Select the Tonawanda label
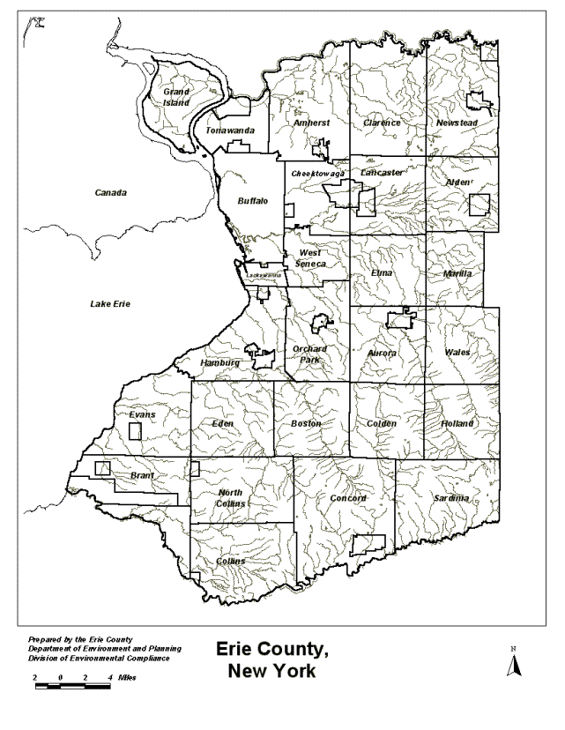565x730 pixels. pyautogui.click(x=230, y=131)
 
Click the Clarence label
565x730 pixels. pyautogui.click(x=382, y=123)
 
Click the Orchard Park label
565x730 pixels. pyautogui.click(x=309, y=354)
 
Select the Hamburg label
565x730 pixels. pyautogui.click(x=219, y=363)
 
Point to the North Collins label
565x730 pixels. pyautogui.click(x=230, y=498)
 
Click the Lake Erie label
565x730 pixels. pyautogui.click(x=110, y=304)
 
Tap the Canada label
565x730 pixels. pyautogui.click(x=111, y=192)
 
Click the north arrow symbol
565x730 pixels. pyautogui.click(x=510, y=664)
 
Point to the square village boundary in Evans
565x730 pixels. pyautogui.click(x=136, y=431)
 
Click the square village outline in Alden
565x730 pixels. pyautogui.click(x=479, y=205)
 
